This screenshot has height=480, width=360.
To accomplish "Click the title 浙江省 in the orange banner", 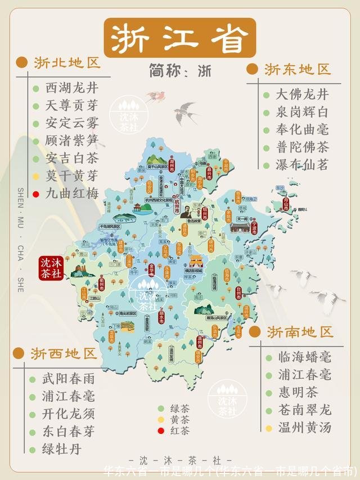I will pyautogui.click(x=179, y=38).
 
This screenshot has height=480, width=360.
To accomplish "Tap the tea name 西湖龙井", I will pyautogui.click(x=71, y=88).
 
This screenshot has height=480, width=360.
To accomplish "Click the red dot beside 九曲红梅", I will pyautogui.click(x=36, y=194).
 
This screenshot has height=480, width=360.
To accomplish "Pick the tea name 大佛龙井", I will pyautogui.click(x=302, y=94).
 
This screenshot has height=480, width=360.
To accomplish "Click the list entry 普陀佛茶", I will pyautogui.click(x=302, y=147).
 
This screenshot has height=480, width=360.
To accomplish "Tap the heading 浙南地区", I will pyautogui.click(x=300, y=331).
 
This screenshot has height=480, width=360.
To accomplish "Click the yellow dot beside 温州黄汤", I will pyautogui.click(x=269, y=428).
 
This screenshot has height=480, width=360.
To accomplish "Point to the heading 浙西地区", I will pyautogui.click(x=64, y=353).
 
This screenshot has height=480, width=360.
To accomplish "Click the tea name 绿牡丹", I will pyautogui.click(x=62, y=449).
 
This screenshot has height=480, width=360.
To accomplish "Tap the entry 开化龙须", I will pyautogui.click(x=69, y=414).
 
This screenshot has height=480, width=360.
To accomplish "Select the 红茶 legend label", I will pyautogui.click(x=181, y=431).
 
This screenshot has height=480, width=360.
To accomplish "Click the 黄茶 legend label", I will pyautogui.click(x=181, y=420).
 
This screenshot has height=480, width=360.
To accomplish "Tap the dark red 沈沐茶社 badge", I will pyautogui.click(x=51, y=268).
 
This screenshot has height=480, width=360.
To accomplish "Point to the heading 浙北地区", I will pyautogui.click(x=66, y=62).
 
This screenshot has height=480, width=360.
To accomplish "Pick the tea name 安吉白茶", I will pyautogui.click(x=71, y=159).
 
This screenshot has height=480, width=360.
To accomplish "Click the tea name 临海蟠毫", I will pyautogui.click(x=304, y=357).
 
